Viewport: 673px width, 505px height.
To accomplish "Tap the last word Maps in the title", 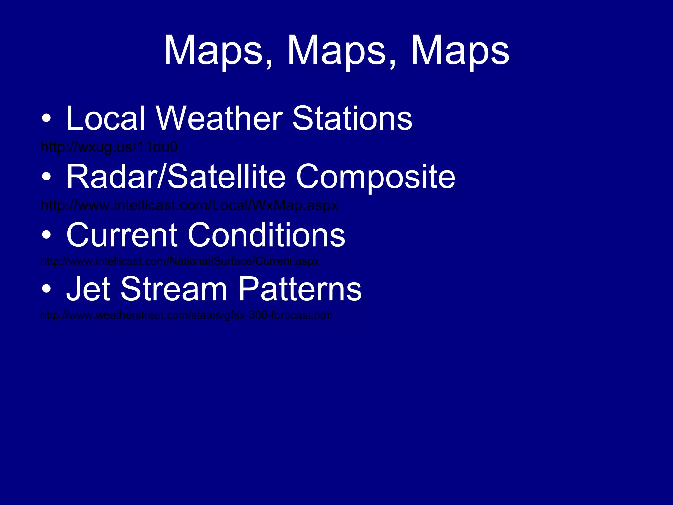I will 460,51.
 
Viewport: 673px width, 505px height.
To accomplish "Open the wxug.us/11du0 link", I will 109,147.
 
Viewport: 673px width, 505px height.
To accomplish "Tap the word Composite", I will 375,178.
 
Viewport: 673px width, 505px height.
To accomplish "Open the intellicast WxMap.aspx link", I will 189,205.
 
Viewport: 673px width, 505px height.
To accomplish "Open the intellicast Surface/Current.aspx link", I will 179,261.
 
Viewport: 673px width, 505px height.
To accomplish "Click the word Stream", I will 174,289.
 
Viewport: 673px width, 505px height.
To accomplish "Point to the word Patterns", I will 299,289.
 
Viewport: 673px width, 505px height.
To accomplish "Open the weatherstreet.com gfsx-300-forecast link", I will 186,315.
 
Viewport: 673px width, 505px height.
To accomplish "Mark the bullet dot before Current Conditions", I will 46,235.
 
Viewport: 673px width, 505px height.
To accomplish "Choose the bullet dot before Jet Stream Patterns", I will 46,289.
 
